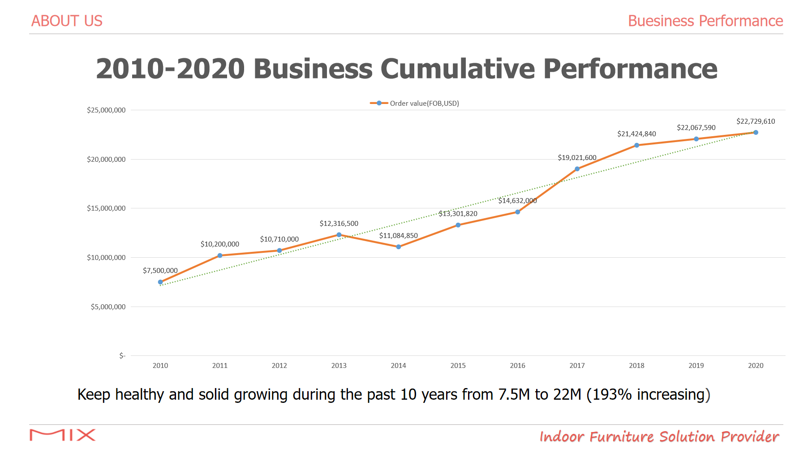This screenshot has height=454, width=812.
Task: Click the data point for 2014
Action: [399, 247]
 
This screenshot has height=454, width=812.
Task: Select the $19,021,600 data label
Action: [577, 158]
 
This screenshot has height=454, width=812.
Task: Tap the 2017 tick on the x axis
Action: [577, 366]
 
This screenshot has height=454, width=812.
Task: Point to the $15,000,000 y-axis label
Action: [106, 208]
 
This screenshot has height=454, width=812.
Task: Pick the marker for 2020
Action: [756, 133]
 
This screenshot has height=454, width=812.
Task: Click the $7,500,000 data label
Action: [160, 271]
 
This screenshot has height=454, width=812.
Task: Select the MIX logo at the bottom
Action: [62, 435]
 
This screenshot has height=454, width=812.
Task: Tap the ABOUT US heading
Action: [67, 21]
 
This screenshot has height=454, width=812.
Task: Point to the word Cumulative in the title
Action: [457, 69]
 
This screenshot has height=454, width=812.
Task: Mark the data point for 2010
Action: [160, 282]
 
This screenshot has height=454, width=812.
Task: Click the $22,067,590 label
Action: [696, 128]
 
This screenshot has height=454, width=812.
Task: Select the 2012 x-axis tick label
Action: [279, 366]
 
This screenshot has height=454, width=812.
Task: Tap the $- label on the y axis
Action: [122, 356]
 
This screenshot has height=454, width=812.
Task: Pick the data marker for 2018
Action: [636, 145]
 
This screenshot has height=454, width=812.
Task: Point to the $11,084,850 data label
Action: [399, 236]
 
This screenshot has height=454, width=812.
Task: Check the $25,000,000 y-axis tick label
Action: [106, 110]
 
